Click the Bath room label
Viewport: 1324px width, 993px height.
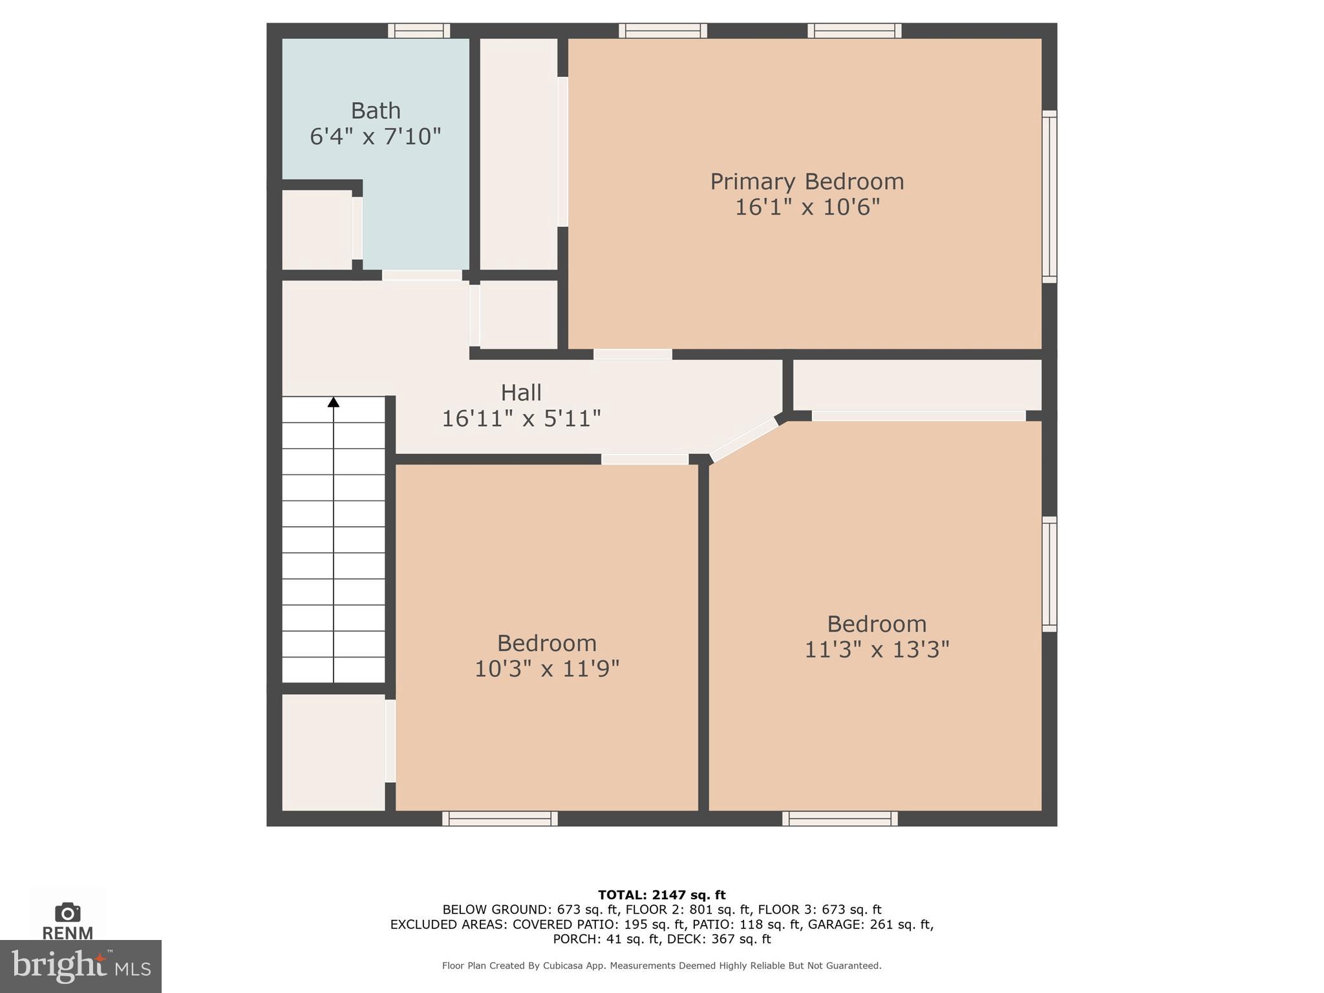(x=375, y=111)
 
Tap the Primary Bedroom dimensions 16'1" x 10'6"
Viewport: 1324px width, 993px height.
(x=807, y=208)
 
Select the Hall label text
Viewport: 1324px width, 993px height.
(x=520, y=392)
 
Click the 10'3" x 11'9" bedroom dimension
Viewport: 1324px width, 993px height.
(x=546, y=668)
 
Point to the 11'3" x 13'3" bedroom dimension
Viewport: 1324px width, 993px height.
(x=876, y=649)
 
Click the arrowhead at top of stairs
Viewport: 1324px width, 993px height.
(x=333, y=402)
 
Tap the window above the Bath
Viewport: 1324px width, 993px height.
(x=418, y=30)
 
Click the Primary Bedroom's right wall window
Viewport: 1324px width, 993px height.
(x=1049, y=197)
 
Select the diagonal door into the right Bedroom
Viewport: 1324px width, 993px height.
(x=743, y=440)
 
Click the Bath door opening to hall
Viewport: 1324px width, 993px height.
(x=422, y=275)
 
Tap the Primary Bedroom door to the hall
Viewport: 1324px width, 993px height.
(x=632, y=354)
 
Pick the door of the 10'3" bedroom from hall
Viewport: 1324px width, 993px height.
(x=645, y=459)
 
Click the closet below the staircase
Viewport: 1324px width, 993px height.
(x=333, y=751)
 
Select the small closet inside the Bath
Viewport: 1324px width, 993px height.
(x=317, y=230)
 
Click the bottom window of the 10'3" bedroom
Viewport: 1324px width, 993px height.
(x=500, y=818)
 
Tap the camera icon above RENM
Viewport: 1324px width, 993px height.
(x=67, y=912)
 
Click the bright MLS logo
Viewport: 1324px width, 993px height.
(x=80, y=966)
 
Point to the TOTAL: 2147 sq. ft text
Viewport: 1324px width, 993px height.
(x=661, y=895)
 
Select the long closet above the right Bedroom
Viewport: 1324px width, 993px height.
(x=917, y=385)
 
